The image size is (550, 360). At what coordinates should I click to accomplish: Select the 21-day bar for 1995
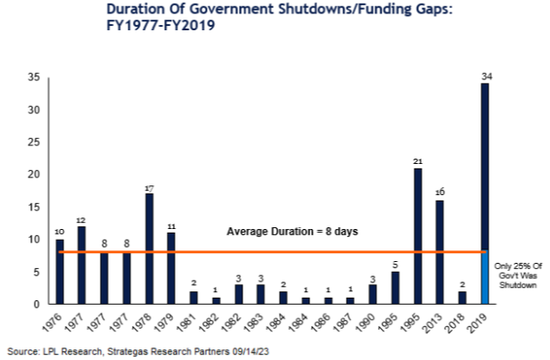point(418,236)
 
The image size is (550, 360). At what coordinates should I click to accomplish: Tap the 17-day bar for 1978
point(149,249)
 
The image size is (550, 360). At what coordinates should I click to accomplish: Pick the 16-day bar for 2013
point(439,252)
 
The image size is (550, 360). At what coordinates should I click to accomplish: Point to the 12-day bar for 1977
point(81,265)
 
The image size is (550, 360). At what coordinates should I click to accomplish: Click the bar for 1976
point(60,272)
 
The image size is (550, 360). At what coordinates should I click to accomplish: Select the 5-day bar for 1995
point(395,288)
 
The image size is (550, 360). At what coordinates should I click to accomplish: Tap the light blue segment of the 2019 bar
point(485,277)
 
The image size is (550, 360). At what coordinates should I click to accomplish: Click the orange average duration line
point(272,251)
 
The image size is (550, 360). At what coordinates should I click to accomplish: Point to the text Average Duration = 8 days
point(292,232)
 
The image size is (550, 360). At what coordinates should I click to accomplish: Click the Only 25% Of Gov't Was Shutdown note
point(518,275)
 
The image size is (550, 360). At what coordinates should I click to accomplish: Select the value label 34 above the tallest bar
point(487,77)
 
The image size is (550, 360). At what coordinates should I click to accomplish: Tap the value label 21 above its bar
point(418,161)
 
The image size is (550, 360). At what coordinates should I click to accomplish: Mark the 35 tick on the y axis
point(34,78)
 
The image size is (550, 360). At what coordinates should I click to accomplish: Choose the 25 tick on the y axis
point(34,143)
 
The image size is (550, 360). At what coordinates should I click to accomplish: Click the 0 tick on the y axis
point(37,304)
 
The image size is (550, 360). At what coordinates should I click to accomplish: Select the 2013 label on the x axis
point(433,323)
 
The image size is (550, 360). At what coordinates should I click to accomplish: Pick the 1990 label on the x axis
point(365,323)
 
